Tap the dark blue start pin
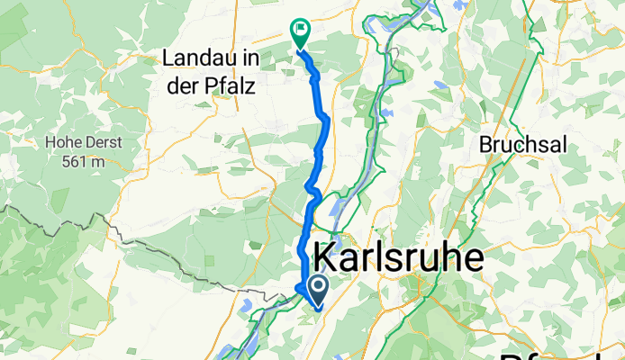point(319,288)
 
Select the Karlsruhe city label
point(398,257)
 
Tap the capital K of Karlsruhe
point(327,257)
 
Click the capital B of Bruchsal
point(486,144)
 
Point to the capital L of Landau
point(168,59)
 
